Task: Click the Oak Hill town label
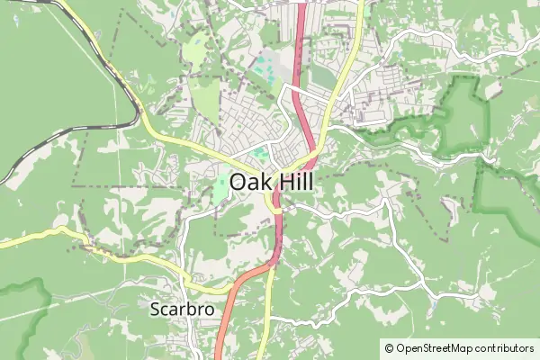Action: (271, 182)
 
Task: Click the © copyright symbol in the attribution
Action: (389, 347)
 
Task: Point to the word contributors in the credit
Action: (504, 347)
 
